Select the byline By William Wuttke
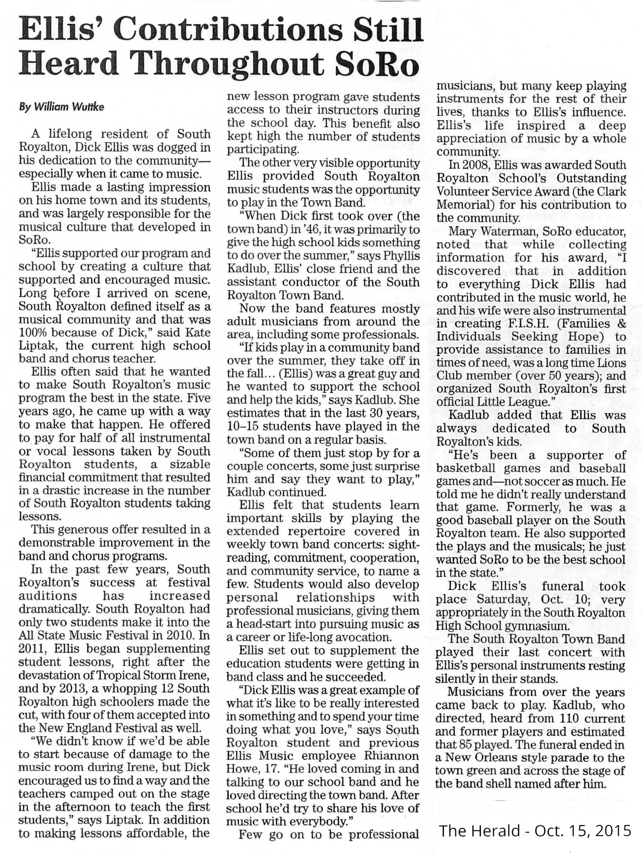click(x=62, y=107)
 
